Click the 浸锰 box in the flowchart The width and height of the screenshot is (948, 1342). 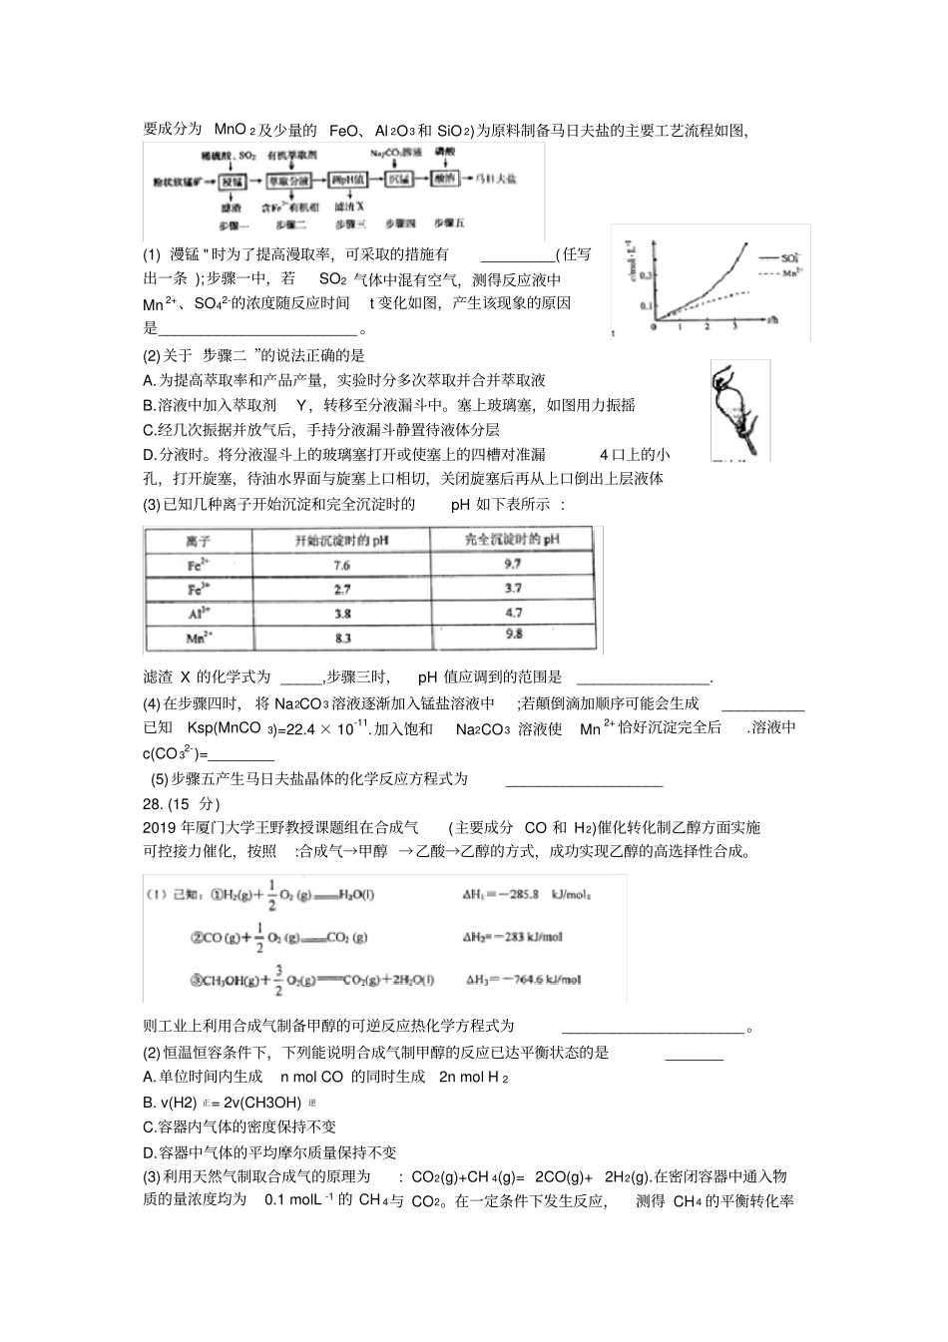233,181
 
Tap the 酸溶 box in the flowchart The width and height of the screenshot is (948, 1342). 445,179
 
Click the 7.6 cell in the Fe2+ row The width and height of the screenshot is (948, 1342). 341,565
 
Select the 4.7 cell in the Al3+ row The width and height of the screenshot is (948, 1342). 513,614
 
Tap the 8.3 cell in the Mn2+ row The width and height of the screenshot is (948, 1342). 341,639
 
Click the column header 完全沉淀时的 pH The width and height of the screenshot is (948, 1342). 513,540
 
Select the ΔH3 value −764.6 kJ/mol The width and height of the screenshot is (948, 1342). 538,980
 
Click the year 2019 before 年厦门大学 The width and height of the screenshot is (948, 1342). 160,827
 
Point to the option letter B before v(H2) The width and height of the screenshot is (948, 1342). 149,1103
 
